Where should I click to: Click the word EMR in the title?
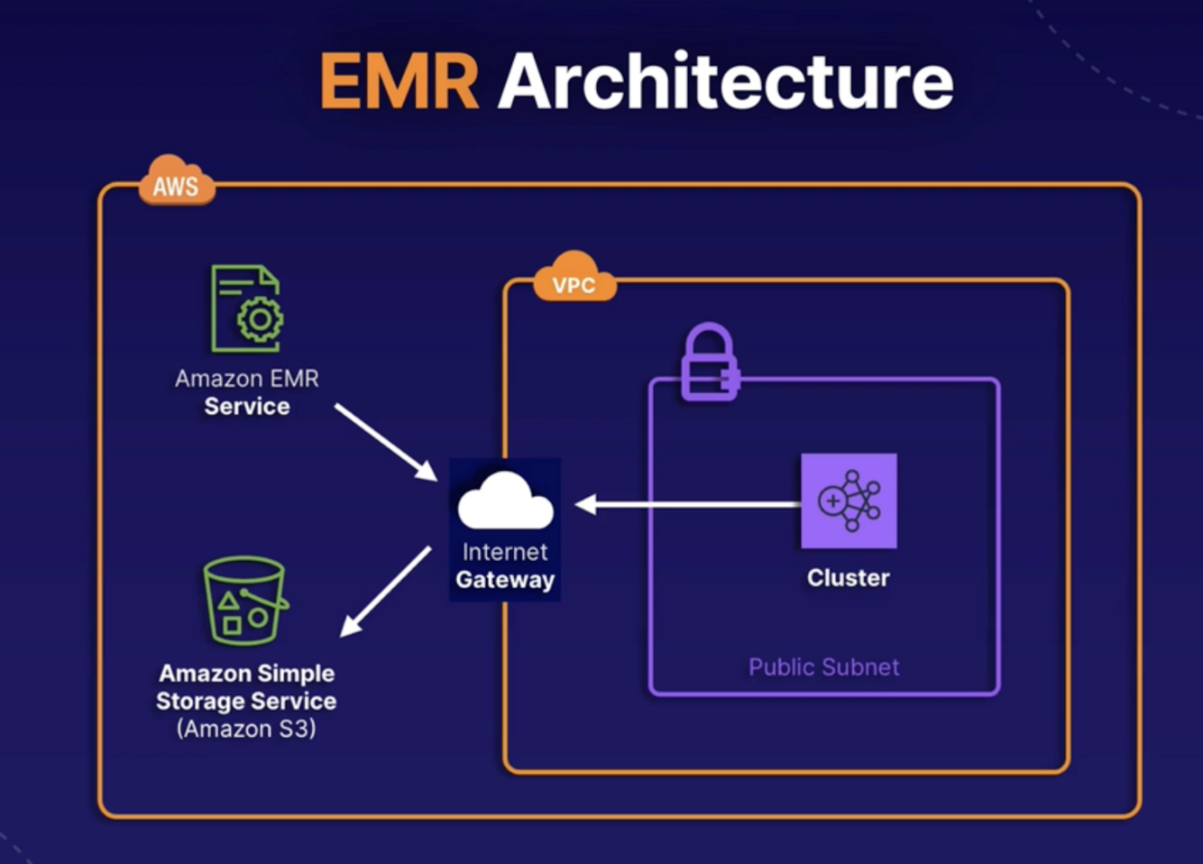tap(399, 82)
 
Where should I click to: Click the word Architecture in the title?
tap(726, 82)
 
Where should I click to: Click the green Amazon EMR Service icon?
tap(246, 308)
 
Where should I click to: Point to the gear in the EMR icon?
tap(260, 318)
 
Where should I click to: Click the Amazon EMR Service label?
tap(247, 392)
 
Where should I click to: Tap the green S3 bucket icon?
tap(244, 601)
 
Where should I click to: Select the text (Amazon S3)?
tap(246, 729)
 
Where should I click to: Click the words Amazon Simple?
tap(246, 674)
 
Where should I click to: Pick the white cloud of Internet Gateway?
tap(505, 501)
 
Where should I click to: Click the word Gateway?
tap(505, 580)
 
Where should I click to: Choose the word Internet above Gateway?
tap(505, 552)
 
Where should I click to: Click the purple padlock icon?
tap(710, 363)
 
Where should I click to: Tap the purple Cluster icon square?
tap(849, 501)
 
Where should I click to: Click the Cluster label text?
tap(848, 578)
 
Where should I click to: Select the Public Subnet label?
tap(823, 667)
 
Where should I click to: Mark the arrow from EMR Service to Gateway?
tap(385, 442)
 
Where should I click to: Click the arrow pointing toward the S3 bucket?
tap(386, 591)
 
